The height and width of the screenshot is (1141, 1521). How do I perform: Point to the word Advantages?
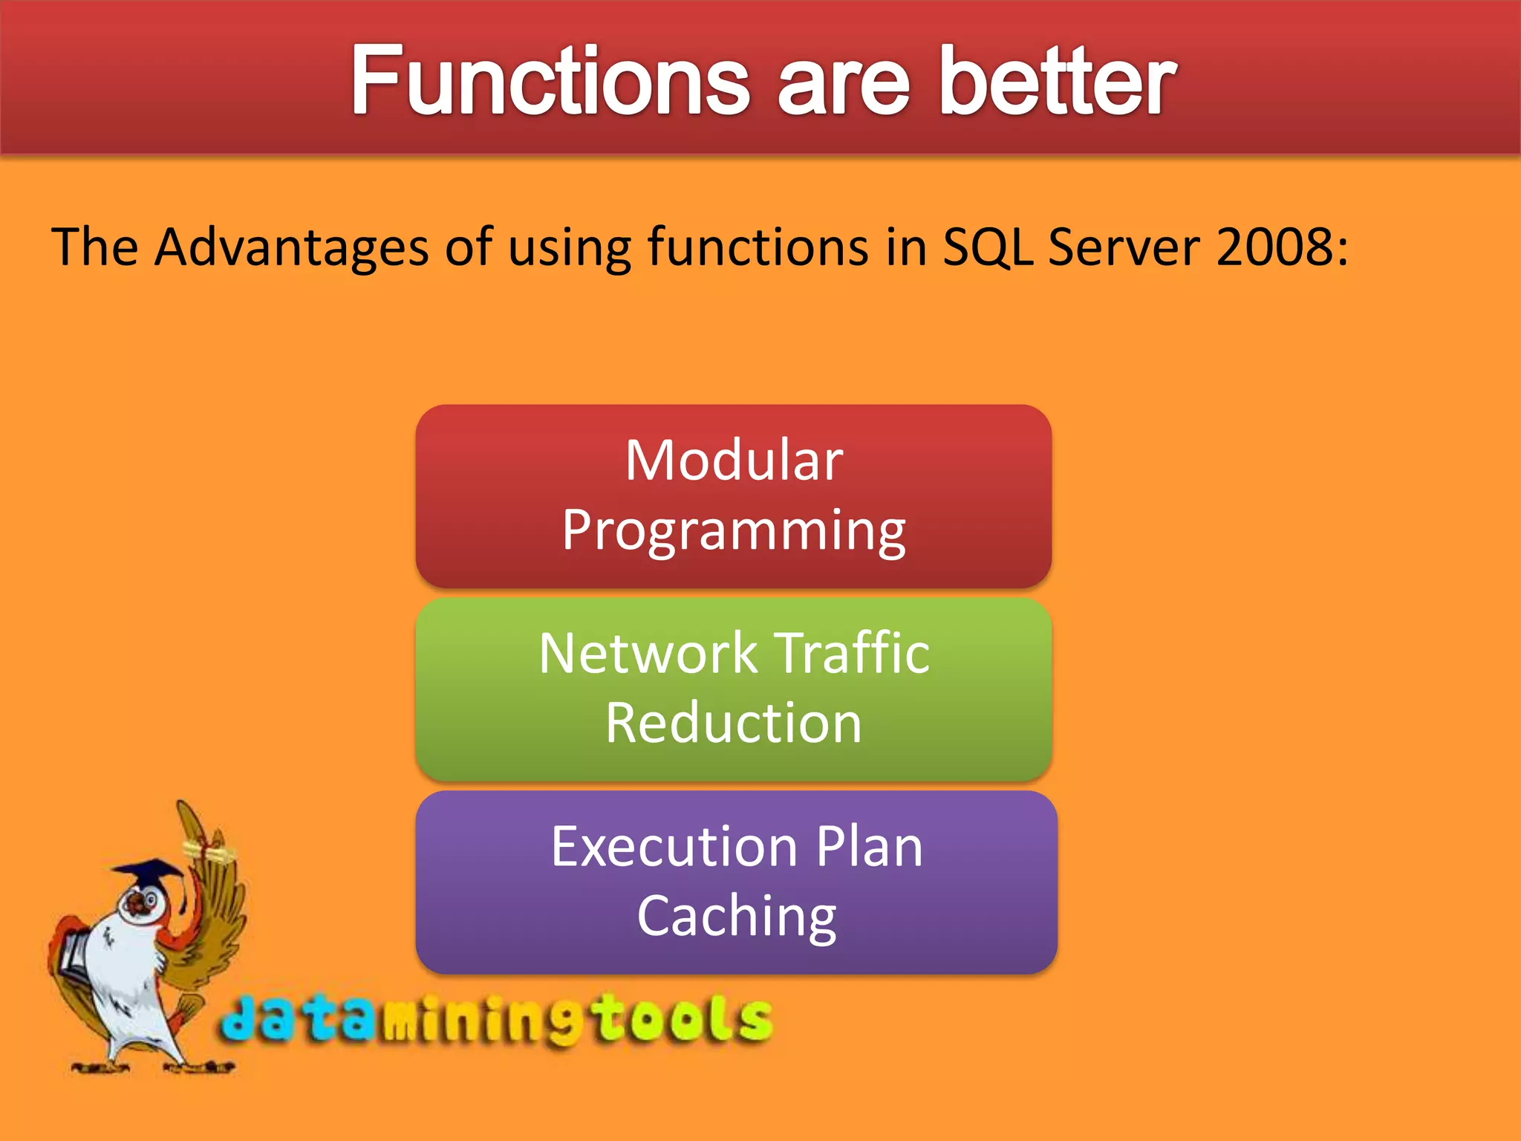click(x=292, y=248)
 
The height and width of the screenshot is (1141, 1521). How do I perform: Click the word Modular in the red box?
click(x=734, y=460)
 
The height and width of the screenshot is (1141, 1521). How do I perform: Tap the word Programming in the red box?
click(x=734, y=530)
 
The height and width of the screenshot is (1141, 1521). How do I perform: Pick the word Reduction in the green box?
click(x=734, y=723)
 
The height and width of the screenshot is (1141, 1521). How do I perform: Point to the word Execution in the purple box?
click(x=674, y=846)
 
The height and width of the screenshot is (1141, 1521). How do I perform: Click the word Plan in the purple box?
click(x=869, y=846)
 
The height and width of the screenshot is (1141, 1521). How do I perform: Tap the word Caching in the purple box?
click(x=737, y=918)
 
